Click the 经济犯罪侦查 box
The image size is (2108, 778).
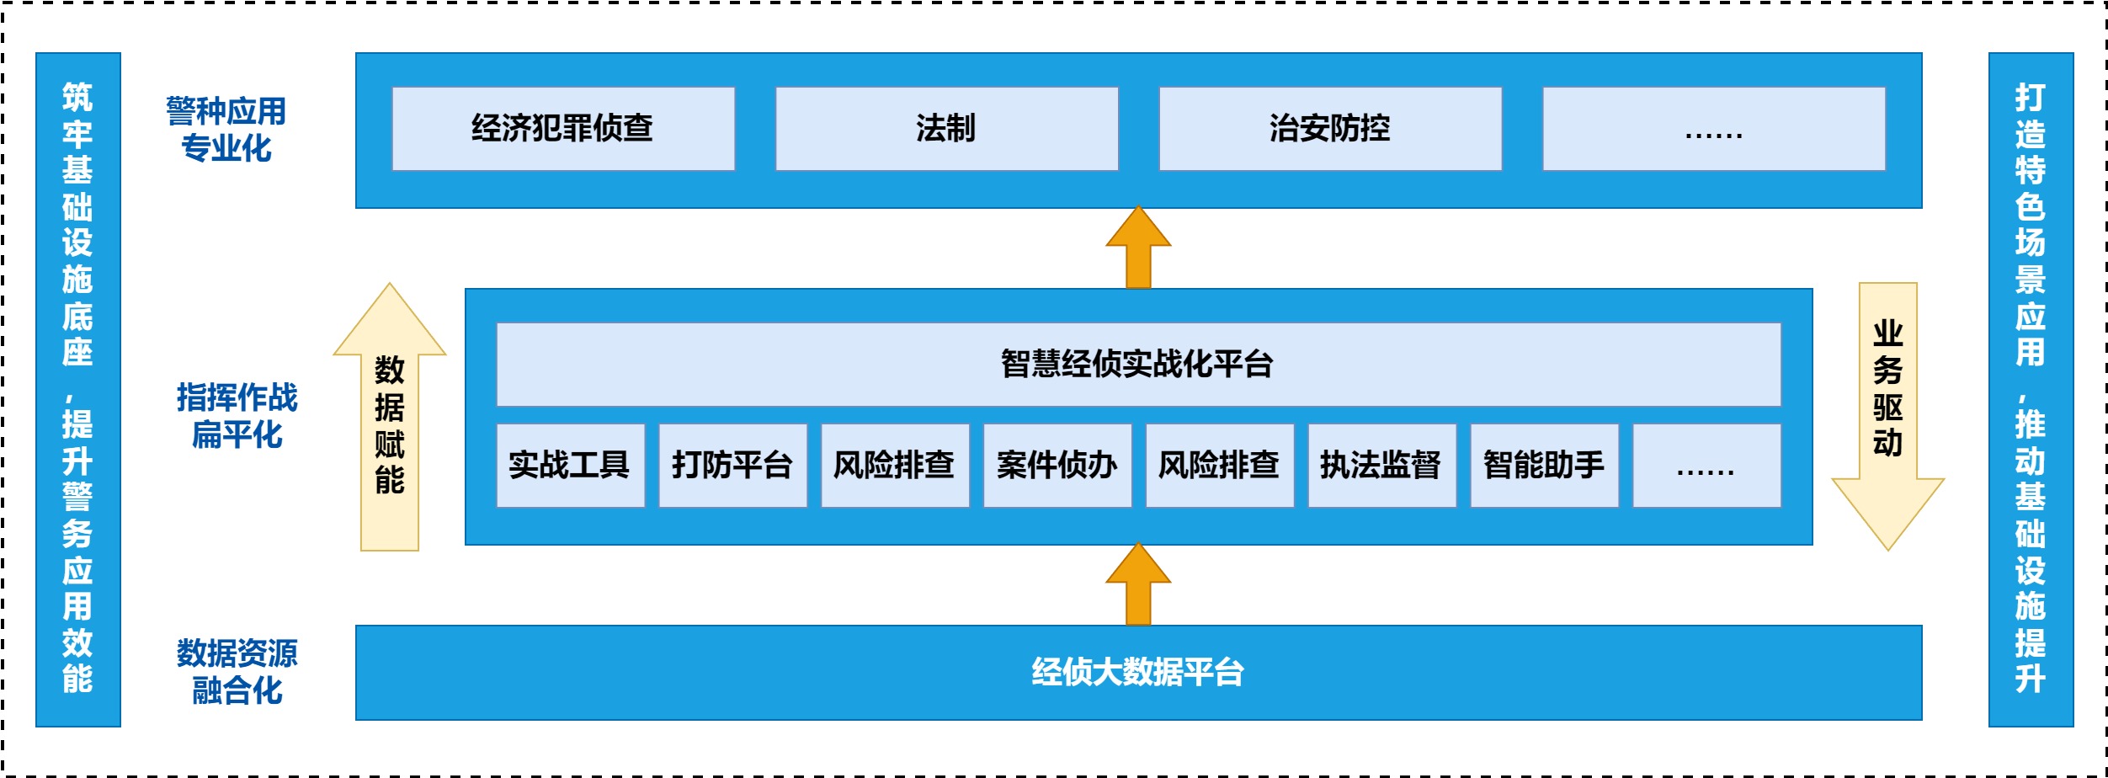[562, 129]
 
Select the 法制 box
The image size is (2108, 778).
[946, 129]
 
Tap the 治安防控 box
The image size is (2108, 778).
[1330, 129]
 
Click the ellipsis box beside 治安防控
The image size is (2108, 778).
[1713, 129]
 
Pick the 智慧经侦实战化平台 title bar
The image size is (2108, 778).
[1138, 365]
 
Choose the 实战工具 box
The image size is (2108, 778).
[570, 466]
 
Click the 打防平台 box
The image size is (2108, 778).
[732, 466]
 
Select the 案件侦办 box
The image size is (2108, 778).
[1057, 466]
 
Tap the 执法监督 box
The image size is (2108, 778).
[1381, 466]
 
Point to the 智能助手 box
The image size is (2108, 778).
[1544, 466]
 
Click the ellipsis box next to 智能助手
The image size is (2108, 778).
[1706, 466]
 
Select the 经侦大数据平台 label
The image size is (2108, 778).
[1138, 672]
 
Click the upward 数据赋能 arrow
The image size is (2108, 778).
[390, 421]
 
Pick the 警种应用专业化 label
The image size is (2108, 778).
[226, 129]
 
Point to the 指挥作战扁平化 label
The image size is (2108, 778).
[237, 416]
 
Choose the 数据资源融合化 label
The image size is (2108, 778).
[237, 671]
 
